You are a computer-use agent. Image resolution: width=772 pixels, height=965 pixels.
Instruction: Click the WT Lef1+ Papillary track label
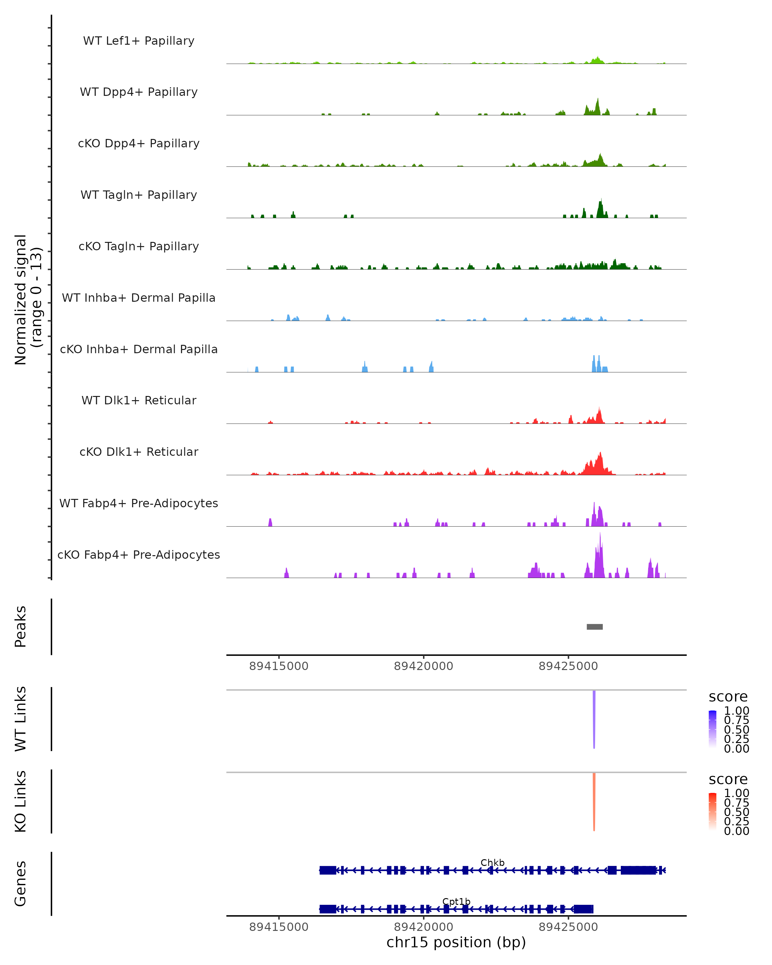click(x=139, y=41)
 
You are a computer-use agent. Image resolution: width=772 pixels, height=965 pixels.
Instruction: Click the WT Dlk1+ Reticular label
click(x=139, y=400)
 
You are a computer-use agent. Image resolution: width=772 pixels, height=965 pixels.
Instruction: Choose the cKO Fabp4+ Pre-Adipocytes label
click(x=139, y=555)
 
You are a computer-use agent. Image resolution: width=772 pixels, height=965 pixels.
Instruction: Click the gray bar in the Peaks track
click(x=594, y=627)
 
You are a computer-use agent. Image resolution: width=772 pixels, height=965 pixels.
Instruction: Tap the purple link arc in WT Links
click(x=594, y=716)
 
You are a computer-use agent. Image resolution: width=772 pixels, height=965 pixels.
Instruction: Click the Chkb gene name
click(x=492, y=862)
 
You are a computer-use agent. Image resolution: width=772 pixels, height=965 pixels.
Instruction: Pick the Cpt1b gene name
click(x=456, y=901)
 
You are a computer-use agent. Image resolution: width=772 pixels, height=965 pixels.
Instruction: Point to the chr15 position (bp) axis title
click(x=456, y=942)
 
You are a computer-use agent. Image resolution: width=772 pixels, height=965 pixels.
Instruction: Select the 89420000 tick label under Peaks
click(x=423, y=666)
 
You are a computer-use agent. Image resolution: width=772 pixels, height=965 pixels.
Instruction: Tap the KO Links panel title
click(x=21, y=801)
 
